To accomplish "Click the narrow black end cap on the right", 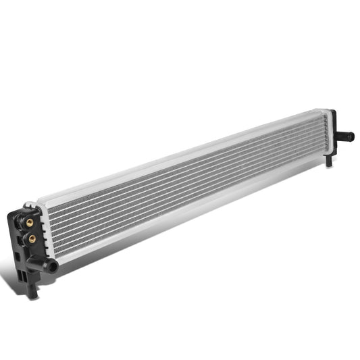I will (332, 135).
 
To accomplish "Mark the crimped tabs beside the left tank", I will (42, 230).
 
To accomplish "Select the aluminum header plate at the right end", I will (326, 132).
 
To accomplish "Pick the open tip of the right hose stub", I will (351, 137).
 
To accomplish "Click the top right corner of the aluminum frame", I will (330, 111).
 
